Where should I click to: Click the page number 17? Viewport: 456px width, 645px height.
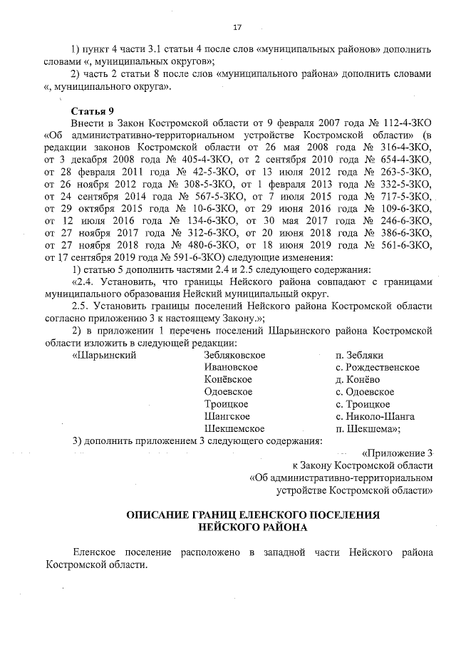238,27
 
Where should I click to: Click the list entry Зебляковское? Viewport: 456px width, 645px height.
234,354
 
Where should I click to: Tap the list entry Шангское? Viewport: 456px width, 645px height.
226,416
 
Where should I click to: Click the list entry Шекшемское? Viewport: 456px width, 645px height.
234,428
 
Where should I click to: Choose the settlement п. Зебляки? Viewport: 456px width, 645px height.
360,354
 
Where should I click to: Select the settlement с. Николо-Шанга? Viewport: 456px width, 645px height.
375,416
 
